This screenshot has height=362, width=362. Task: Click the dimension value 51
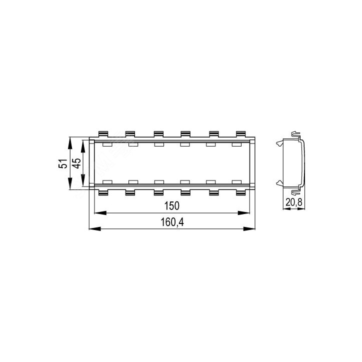[x=62, y=163]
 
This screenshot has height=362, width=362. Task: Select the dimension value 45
[x=76, y=163]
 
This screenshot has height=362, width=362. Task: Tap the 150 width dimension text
[x=171, y=206]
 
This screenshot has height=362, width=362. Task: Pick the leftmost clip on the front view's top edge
[x=103, y=134]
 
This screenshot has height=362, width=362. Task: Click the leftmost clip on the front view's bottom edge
[x=103, y=192]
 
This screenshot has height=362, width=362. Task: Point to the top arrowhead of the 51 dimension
[x=70, y=140]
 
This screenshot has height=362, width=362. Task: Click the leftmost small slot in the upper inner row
[x=106, y=145]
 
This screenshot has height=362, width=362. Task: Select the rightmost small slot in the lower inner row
[x=236, y=180]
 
